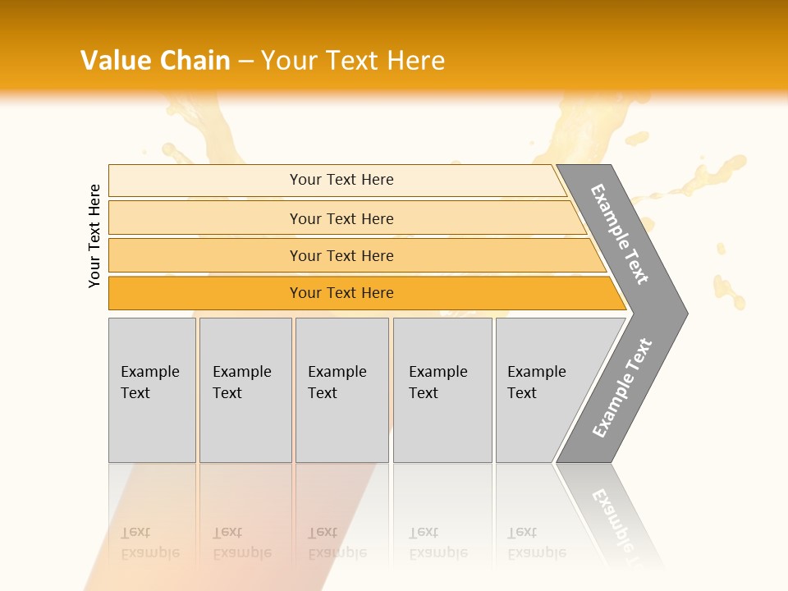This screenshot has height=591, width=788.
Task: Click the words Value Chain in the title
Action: (x=155, y=61)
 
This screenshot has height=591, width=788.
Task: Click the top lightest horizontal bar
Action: (x=205, y=181)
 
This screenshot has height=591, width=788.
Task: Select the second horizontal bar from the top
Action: (x=205, y=218)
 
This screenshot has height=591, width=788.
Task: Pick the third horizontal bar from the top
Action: (x=205, y=256)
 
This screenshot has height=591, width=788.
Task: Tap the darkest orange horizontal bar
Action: (x=205, y=293)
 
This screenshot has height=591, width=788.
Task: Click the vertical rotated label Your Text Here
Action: (x=94, y=236)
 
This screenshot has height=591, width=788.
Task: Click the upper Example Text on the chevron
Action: (x=620, y=234)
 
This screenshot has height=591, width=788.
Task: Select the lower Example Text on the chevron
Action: (x=621, y=388)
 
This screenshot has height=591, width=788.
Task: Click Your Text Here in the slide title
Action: (x=353, y=61)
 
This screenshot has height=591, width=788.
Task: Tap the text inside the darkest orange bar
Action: (x=341, y=293)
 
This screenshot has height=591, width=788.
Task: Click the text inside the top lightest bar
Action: (x=341, y=180)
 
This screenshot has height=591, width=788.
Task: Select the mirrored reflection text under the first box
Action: (x=149, y=543)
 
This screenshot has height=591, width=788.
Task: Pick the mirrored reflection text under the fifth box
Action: (x=536, y=543)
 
